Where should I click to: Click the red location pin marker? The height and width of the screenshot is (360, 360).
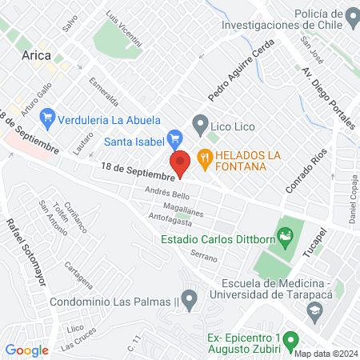(x=181, y=162)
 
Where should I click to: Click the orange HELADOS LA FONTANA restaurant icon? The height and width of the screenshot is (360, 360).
(x=206, y=158)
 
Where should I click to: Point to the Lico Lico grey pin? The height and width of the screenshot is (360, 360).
(x=199, y=125)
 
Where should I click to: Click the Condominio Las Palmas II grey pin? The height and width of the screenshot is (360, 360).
(x=190, y=302)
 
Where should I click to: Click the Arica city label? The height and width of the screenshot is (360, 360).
(x=37, y=55)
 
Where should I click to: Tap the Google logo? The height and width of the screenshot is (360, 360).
(x=26, y=350)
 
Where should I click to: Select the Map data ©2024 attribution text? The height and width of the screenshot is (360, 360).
(x=325, y=354)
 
